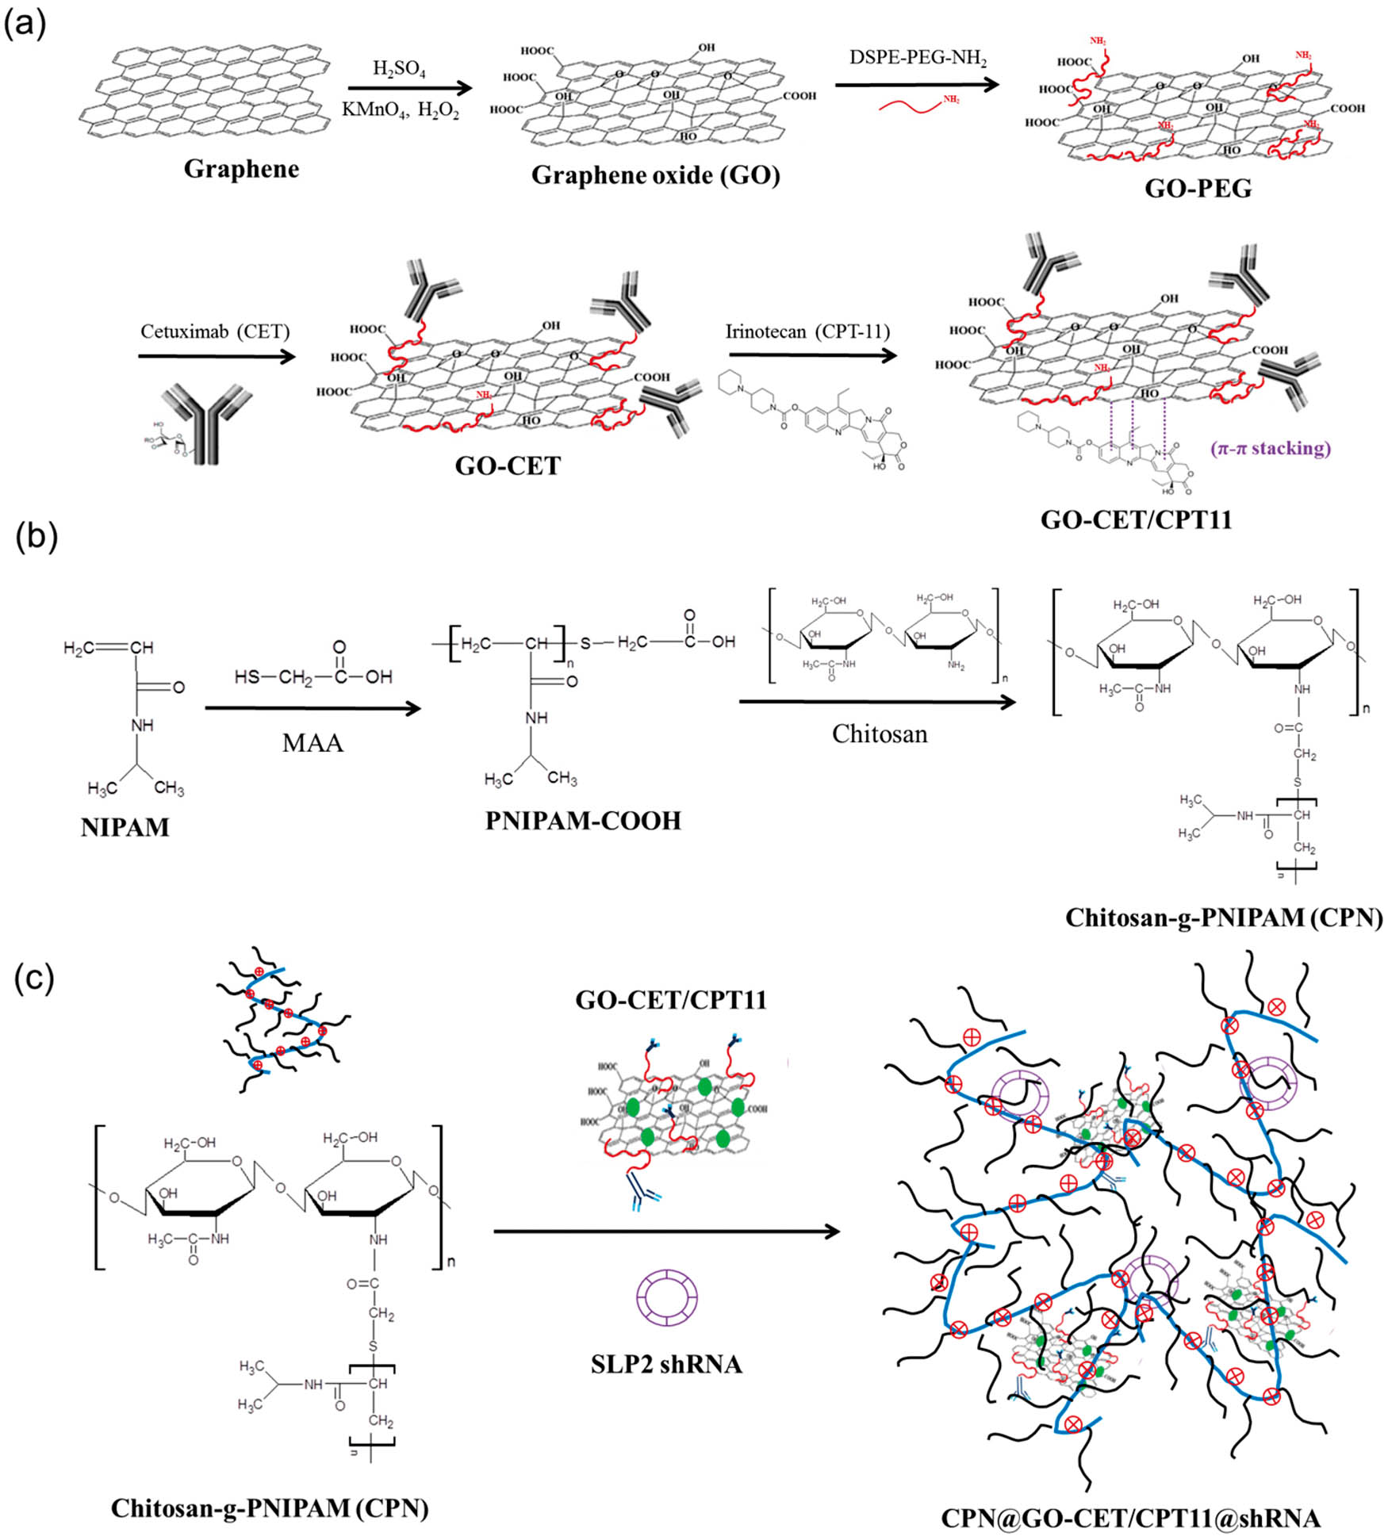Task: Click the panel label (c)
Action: [x=33, y=979]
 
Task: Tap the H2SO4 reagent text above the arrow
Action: [x=399, y=69]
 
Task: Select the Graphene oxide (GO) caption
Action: [x=655, y=174]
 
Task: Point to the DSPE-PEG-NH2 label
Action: [x=918, y=58]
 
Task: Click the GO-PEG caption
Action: [x=1198, y=188]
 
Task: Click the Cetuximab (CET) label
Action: [x=215, y=331]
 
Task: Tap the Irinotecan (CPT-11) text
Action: [x=807, y=331]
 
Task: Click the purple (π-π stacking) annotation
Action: [x=1270, y=448]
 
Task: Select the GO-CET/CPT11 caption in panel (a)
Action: [x=1136, y=519]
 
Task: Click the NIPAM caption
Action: [x=125, y=827]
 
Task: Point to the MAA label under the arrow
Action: [x=312, y=743]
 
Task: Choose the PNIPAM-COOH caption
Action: [x=583, y=820]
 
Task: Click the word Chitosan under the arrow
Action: [x=879, y=734]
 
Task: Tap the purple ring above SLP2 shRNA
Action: [x=666, y=1297]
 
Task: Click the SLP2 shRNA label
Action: [x=666, y=1364]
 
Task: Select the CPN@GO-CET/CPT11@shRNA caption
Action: [x=1130, y=1518]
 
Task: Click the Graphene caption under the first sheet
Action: [x=241, y=168]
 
